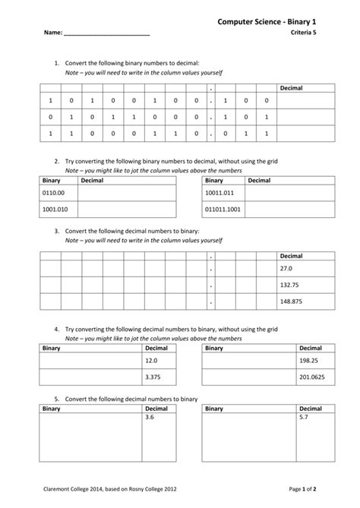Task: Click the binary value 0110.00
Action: coord(53,194)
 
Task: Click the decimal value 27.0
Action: coord(286,269)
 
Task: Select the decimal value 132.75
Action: coord(289,285)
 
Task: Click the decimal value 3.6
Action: coord(149,418)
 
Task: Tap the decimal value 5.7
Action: coord(304,418)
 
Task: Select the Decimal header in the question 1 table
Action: coord(291,88)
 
